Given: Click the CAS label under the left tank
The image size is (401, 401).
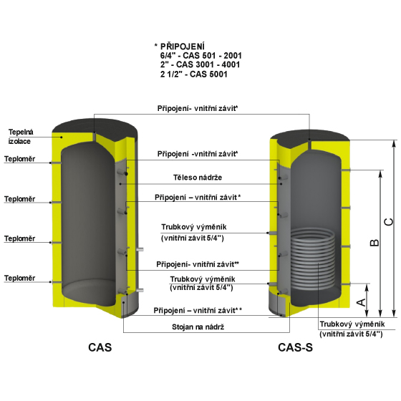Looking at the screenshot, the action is [x=100, y=347].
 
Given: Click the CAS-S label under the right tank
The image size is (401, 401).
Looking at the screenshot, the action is [x=295, y=347].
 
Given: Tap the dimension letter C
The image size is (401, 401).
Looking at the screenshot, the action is [x=389, y=222].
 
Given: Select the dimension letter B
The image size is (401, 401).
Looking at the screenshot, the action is [x=375, y=243].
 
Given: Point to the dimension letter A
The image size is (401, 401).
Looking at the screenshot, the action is [x=361, y=302].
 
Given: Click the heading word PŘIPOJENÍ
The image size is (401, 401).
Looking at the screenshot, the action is [x=183, y=47].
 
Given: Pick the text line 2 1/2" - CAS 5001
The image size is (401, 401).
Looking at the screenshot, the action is [x=194, y=74].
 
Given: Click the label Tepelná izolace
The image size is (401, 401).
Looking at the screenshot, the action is [x=21, y=137].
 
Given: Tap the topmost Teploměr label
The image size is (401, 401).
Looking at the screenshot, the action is [x=20, y=159].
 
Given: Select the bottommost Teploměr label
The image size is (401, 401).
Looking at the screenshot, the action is [x=20, y=278].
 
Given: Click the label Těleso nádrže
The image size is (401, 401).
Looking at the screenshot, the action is [x=198, y=178].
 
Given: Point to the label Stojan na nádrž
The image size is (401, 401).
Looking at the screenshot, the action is [x=198, y=327].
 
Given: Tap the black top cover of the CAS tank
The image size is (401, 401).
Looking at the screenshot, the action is [x=95, y=127].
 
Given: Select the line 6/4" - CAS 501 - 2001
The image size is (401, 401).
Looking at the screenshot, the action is [x=201, y=56].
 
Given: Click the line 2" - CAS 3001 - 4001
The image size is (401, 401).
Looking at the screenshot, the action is [x=200, y=64].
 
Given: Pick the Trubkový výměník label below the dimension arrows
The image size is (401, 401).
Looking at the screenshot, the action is [x=352, y=329].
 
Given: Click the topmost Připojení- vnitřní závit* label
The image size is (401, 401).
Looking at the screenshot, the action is [x=198, y=108].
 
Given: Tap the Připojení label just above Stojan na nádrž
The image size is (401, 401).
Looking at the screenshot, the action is [x=198, y=311].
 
